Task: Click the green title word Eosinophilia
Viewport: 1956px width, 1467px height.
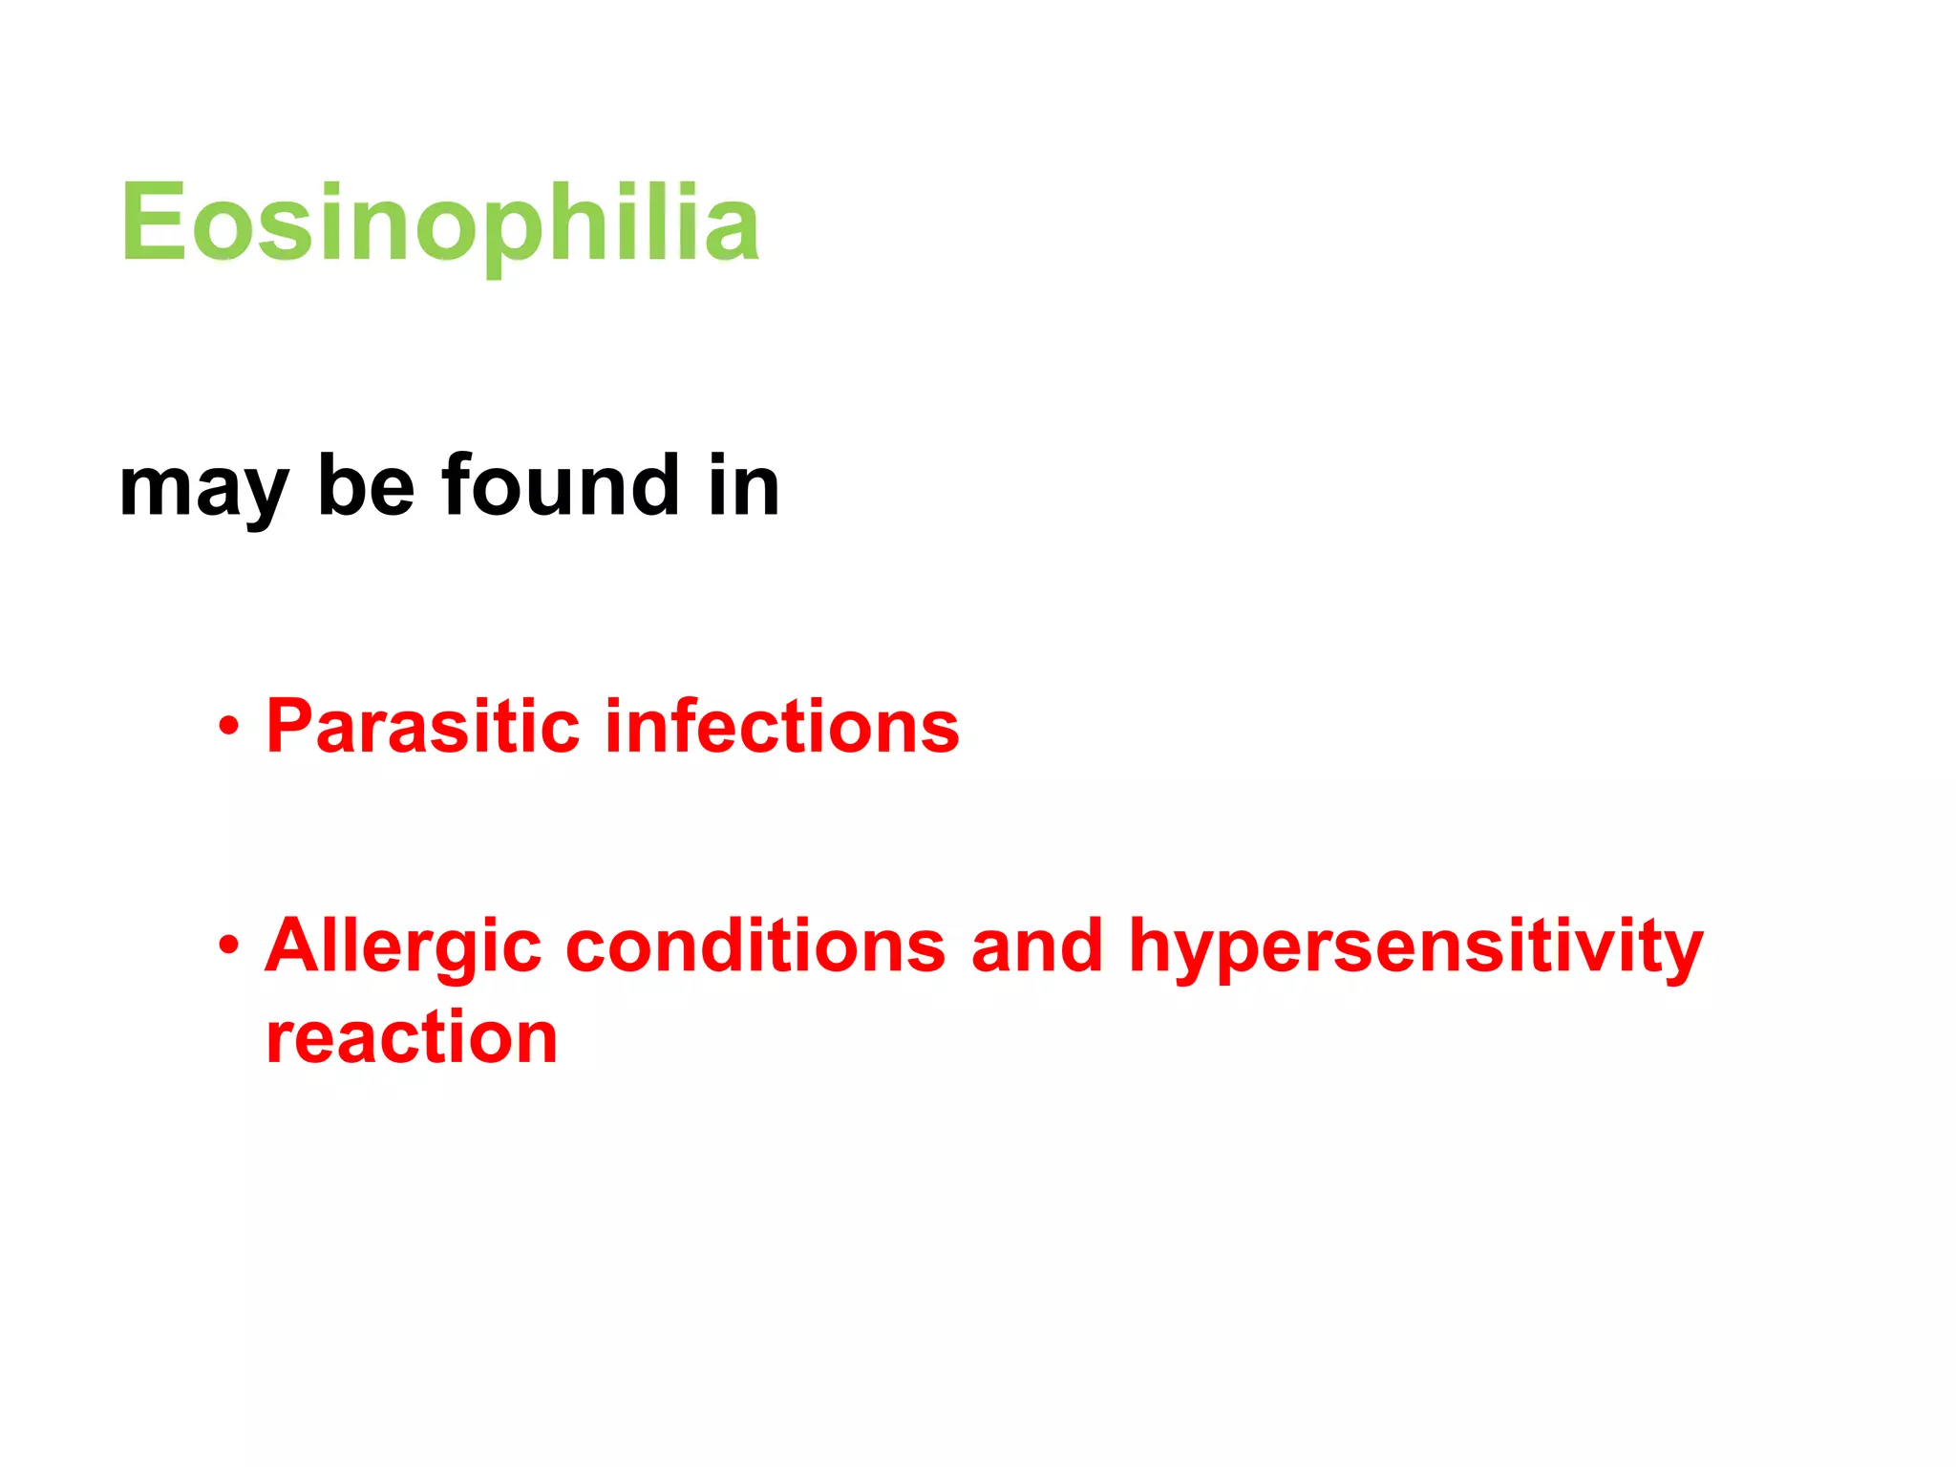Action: pos(439,223)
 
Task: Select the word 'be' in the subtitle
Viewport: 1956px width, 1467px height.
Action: pos(366,486)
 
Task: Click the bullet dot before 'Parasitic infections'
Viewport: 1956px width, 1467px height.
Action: pos(227,727)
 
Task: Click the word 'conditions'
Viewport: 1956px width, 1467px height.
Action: pos(755,946)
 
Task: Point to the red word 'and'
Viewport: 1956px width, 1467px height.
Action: pos(1037,946)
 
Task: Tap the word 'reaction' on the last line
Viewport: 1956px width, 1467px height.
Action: pos(412,1038)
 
